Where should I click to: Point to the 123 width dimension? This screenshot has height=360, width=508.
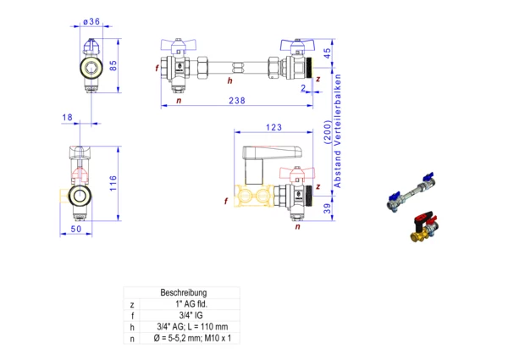click(x=273, y=128)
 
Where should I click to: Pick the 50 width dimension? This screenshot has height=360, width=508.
click(x=75, y=230)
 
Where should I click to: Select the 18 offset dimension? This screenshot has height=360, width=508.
click(x=67, y=117)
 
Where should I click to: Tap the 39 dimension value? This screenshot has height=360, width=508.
click(x=326, y=209)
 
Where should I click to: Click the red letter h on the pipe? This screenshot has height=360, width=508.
click(x=229, y=80)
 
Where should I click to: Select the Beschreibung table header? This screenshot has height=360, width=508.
click(x=179, y=292)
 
